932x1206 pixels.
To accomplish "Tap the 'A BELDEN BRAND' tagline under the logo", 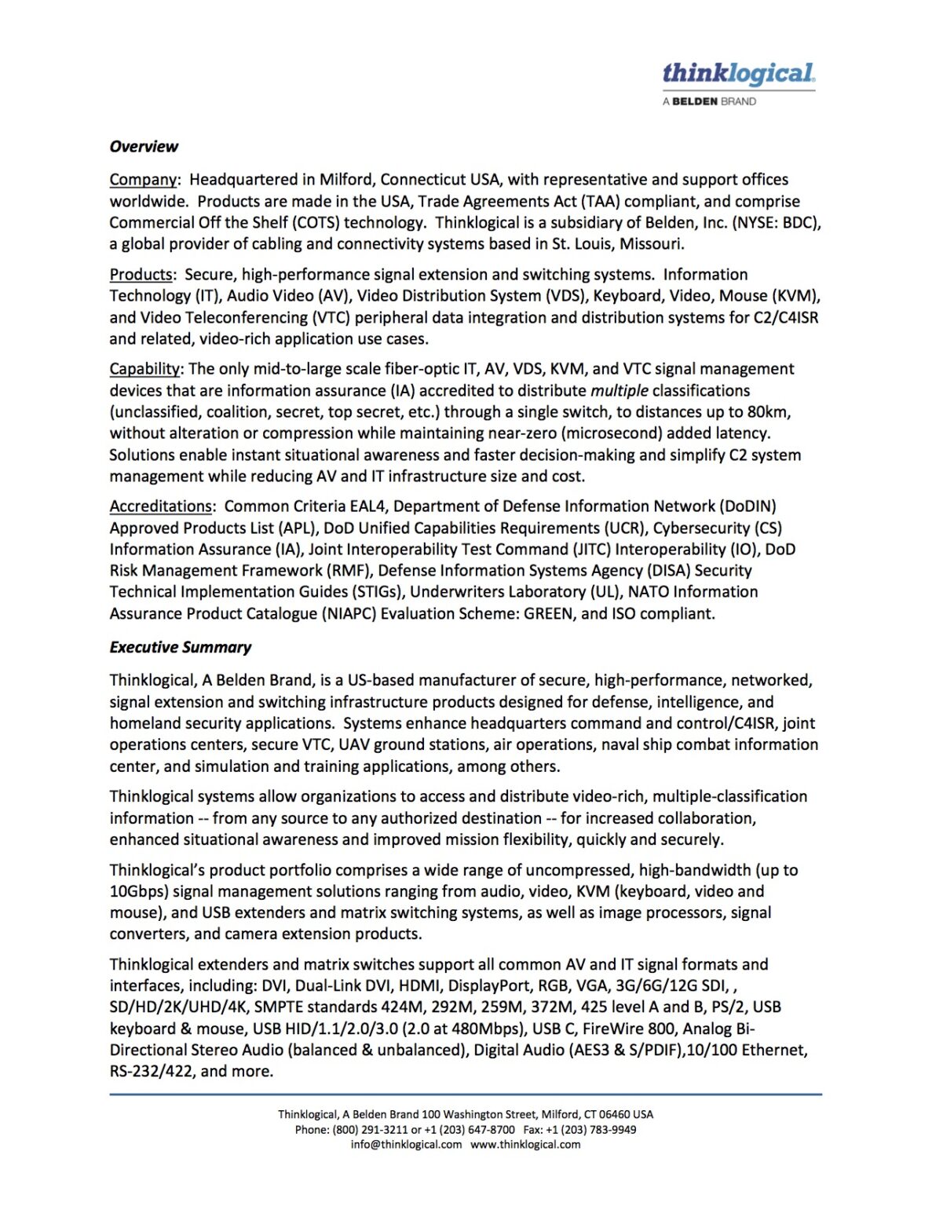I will click(x=709, y=101).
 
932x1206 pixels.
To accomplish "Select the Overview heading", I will click(x=144, y=147).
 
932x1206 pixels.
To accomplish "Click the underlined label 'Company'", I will click(x=143, y=180).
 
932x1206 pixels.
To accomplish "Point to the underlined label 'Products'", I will click(x=141, y=275).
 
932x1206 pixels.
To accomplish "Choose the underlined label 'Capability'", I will click(x=145, y=369).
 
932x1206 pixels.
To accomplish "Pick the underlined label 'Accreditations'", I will click(x=161, y=506).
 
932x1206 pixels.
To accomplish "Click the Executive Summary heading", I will click(x=181, y=648).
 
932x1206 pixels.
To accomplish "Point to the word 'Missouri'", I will click(x=651, y=244).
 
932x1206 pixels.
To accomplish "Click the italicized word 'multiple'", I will click(x=620, y=391).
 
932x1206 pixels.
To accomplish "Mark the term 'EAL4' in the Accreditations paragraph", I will click(x=367, y=506).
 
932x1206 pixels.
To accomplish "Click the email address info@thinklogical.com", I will click(x=406, y=1145).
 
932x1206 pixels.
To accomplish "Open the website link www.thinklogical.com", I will click(x=525, y=1145).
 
